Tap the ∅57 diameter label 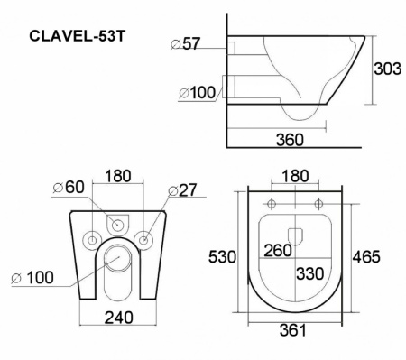(x=187, y=42)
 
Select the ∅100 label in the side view (x=196, y=93)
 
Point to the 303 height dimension (x=389, y=69)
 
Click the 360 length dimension (x=289, y=140)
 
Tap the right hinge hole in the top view (x=318, y=201)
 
